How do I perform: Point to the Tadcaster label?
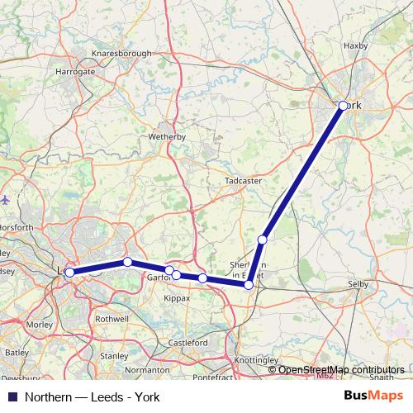click(x=243, y=179)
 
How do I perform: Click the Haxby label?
click(x=354, y=46)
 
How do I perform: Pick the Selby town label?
click(x=358, y=284)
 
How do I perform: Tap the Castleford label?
click(x=188, y=342)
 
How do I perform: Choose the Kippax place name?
click(x=176, y=297)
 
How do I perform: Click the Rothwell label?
click(x=112, y=317)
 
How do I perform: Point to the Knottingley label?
click(x=256, y=362)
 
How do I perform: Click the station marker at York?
click(x=344, y=106)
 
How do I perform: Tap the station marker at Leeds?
click(x=69, y=272)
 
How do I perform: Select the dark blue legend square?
click(x=12, y=397)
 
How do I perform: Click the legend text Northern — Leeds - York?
click(x=92, y=397)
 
